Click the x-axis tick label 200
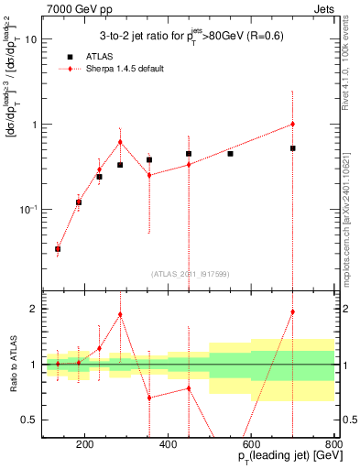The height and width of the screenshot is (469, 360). (x=84, y=445)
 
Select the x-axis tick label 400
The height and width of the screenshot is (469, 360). (x=168, y=445)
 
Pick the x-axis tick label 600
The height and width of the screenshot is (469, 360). (x=251, y=445)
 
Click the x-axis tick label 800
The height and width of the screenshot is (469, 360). (x=333, y=445)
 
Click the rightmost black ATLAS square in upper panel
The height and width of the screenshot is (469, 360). (x=292, y=147)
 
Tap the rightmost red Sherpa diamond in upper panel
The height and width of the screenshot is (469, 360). (x=292, y=124)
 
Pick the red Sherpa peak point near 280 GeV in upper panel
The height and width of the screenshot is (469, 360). (x=120, y=142)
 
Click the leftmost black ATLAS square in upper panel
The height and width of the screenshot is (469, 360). (x=58, y=248)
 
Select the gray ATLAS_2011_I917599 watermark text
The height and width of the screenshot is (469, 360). (x=190, y=273)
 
